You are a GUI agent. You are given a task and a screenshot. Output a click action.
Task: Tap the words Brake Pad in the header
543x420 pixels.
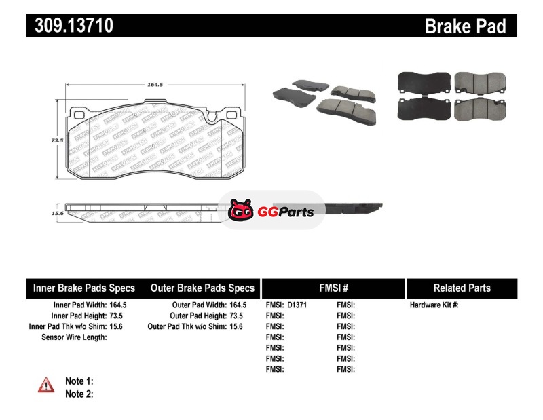465,26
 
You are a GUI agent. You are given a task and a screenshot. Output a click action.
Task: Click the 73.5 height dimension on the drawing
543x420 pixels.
57,140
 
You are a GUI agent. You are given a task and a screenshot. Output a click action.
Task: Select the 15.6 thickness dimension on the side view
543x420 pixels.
58,213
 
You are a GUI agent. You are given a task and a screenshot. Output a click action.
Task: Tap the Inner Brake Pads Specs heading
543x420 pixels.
84,288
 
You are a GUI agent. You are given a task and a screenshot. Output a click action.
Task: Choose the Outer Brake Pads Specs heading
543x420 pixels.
203,288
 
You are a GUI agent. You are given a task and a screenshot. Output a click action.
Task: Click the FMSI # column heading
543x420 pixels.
333,288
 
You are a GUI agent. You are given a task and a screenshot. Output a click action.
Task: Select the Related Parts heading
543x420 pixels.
462,288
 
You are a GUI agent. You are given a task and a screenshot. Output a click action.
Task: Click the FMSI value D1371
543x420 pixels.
297,305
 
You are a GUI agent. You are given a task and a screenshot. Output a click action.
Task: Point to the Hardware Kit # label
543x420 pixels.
434,305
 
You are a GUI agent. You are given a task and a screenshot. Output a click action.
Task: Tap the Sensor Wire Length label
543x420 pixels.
74,337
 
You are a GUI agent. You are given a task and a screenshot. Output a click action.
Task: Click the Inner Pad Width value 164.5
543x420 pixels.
119,305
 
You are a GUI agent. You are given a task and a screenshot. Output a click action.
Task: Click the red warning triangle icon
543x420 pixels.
46,385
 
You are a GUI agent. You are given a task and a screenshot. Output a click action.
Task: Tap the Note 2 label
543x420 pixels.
79,394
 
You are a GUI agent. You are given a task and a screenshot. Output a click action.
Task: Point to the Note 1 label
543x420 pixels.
79,381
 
